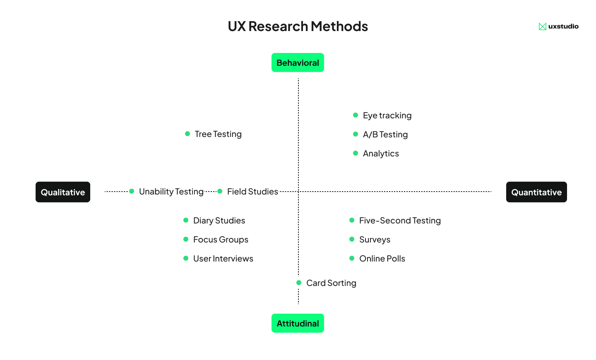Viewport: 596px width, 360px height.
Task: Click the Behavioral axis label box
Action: click(298, 62)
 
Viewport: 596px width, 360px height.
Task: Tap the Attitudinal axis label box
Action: click(298, 323)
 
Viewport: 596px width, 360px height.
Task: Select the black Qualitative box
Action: click(63, 192)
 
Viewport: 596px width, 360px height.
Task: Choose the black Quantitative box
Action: click(536, 192)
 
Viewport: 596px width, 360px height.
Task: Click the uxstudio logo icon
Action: click(542, 26)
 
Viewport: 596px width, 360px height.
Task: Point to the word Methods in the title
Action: click(339, 26)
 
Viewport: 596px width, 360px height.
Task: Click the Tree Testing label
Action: click(218, 134)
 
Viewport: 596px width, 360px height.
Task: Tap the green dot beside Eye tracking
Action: click(356, 115)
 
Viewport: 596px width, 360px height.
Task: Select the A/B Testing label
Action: click(385, 134)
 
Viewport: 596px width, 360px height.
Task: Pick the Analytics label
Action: click(381, 154)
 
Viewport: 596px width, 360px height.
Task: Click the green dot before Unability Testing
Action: click(132, 191)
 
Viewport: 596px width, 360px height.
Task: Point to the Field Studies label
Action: click(252, 192)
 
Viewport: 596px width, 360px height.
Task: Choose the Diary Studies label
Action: click(219, 221)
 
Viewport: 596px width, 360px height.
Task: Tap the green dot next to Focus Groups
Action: click(186, 239)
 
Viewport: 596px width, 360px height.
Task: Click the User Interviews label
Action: click(223, 259)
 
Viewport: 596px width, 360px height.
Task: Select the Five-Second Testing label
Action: click(400, 221)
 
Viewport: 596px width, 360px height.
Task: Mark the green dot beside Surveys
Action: click(352, 239)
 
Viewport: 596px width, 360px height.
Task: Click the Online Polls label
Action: click(382, 259)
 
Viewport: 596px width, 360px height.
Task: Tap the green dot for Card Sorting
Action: click(299, 283)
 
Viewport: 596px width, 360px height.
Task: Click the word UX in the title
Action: click(237, 26)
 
